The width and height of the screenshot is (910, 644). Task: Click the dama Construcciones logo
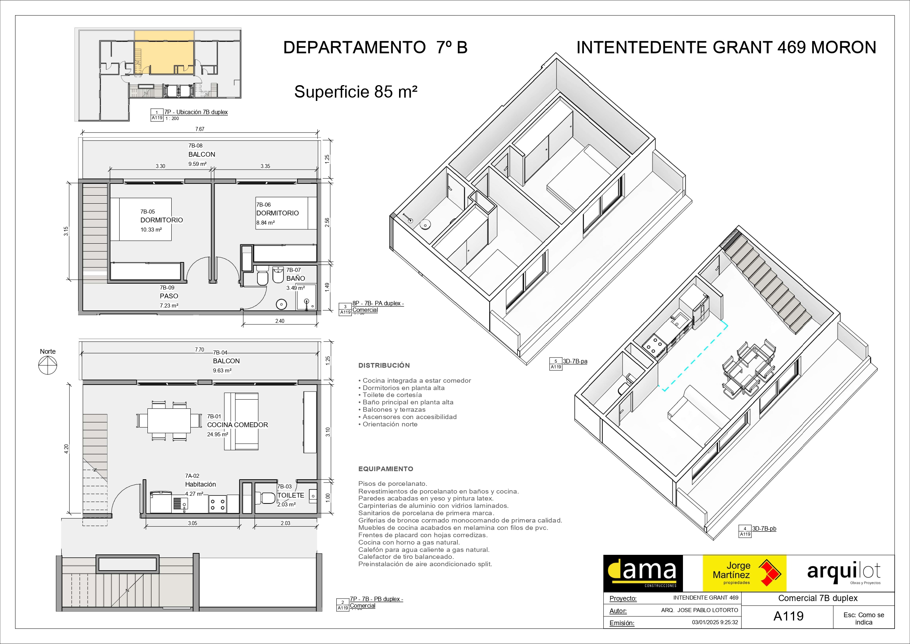pos(643,574)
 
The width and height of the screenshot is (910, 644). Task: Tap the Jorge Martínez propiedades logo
pos(744,574)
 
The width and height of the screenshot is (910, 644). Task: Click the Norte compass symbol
pos(48,365)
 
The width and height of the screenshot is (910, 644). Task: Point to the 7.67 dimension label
pos(200,129)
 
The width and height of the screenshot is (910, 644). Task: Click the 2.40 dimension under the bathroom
pos(280,321)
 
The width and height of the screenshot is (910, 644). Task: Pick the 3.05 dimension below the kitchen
pos(193,523)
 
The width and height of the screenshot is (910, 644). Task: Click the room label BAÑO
pos(296,279)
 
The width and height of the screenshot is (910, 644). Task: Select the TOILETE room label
pos(290,495)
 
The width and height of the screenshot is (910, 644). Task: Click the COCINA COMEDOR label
pos(237,425)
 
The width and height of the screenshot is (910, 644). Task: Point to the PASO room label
pos(169,296)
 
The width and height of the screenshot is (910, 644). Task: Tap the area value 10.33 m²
pos(151,230)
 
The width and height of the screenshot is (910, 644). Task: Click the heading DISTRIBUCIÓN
pos(384,365)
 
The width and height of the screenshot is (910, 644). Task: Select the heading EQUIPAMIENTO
pos(385,469)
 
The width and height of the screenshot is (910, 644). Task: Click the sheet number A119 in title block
pos(788,616)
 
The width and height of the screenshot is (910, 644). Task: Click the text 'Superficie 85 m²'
pos(356,92)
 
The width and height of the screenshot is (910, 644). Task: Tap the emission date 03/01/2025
pos(705,622)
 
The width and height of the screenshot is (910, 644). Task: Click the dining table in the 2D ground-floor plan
pos(169,421)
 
